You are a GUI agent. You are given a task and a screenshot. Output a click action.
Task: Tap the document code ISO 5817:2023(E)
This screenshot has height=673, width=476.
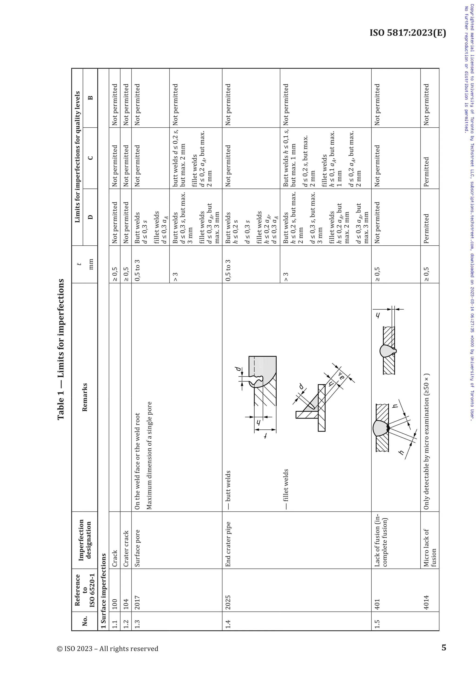click(x=408, y=33)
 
